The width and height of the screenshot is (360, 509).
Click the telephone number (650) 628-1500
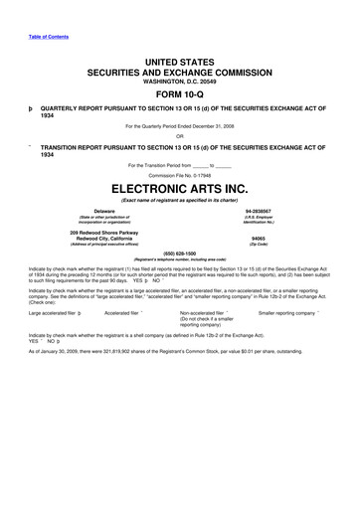pos(179,253)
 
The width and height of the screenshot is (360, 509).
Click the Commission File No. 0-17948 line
pos(179,175)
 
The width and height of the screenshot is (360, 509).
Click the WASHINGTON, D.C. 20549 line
pos(179,82)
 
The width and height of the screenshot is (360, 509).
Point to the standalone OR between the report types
pos(179,136)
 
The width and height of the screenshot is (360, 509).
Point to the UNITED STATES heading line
pos(179,62)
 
